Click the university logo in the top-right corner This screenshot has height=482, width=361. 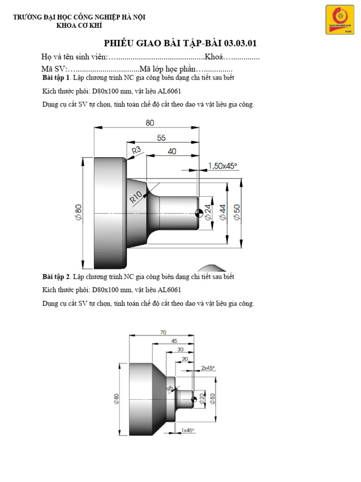coord(340,20)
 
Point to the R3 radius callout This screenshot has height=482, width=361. coord(136,151)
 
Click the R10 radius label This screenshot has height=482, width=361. coord(136,196)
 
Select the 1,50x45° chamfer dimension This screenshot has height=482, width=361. coord(222,165)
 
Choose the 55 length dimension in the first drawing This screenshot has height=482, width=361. coord(161,138)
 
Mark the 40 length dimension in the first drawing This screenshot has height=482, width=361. coord(172,152)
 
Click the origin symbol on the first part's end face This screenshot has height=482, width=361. coord(199,213)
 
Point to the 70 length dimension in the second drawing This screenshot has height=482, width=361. coord(163,332)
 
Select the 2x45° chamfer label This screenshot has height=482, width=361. coord(207,368)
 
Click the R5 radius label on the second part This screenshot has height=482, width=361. coord(170,389)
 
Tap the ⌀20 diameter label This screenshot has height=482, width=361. coord(202,399)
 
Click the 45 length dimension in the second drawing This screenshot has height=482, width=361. coord(174,341)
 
